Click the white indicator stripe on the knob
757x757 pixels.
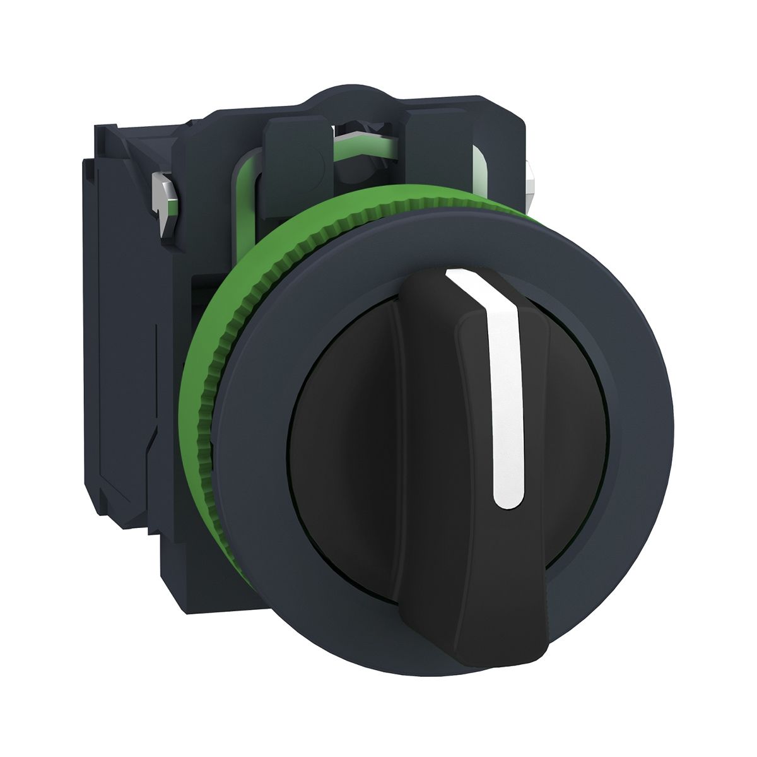(504, 391)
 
